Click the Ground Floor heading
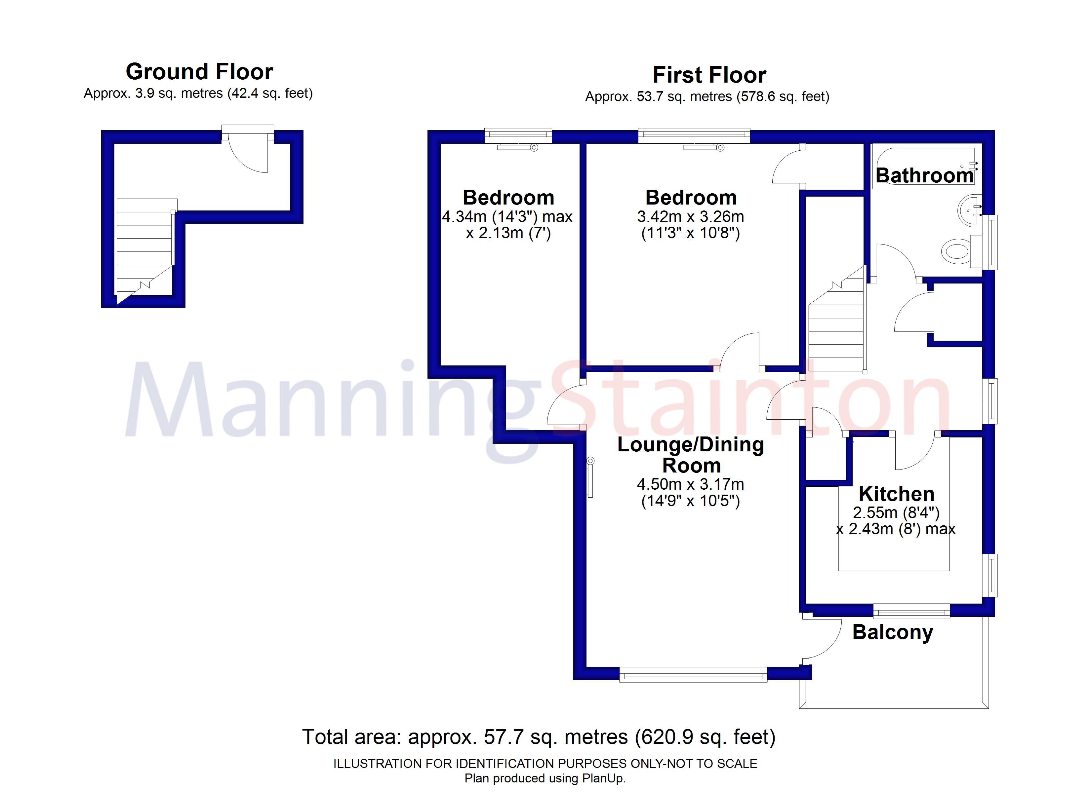(199, 72)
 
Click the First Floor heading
(709, 75)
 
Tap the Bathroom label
(925, 175)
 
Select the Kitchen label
(897, 494)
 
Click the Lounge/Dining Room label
(691, 455)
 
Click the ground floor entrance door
(248, 149)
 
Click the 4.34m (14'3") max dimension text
(507, 217)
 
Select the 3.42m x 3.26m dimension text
(691, 217)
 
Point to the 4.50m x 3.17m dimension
(691, 484)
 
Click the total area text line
(539, 737)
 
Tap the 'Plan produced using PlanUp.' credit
(545, 778)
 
